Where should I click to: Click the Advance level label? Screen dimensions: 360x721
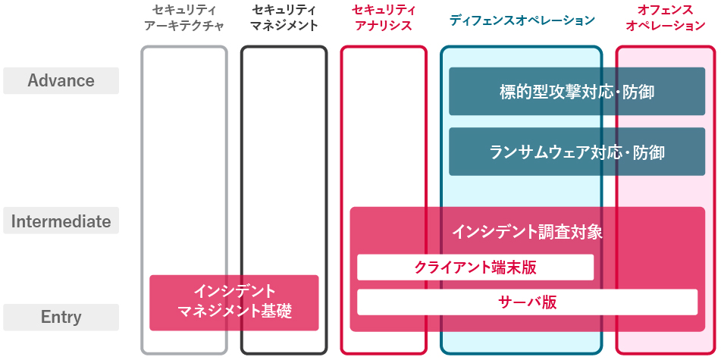point(61,81)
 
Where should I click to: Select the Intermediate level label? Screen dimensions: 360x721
point(61,222)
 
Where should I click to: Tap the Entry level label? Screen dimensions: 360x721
point(61,318)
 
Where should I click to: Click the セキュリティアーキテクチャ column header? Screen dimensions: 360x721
point(183,17)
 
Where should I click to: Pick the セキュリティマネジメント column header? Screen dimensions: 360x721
point(284,17)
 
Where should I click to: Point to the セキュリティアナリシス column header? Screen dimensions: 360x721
point(384,17)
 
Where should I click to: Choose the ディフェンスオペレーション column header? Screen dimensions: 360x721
point(522,19)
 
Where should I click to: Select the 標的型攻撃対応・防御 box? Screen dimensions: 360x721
point(577,92)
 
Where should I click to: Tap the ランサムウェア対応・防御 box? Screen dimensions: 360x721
point(577,152)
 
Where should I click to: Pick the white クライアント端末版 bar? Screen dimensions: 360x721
point(475,267)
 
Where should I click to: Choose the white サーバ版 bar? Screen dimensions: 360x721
point(527,302)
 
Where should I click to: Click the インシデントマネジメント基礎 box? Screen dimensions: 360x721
point(234,302)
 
